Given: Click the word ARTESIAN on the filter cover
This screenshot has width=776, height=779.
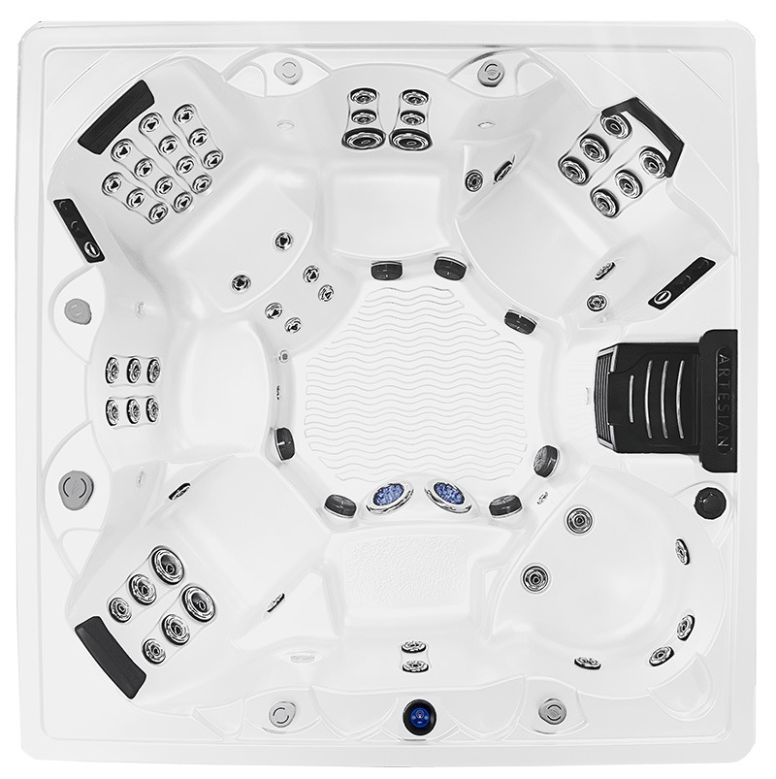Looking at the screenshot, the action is click(725, 401).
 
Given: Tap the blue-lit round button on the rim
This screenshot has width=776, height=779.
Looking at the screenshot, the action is click(420, 717).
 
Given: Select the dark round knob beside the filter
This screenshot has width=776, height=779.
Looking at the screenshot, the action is click(709, 503).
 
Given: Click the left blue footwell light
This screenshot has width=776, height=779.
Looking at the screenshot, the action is click(390, 496).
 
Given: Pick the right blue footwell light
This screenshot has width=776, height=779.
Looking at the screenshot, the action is click(448, 496).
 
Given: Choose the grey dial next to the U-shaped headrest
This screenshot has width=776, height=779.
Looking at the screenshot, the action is click(491, 73).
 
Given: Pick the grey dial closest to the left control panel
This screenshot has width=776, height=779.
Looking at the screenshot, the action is click(78, 311).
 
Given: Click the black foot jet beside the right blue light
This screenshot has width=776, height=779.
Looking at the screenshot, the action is click(505, 505).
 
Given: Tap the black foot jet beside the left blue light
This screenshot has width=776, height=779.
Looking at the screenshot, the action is click(340, 505).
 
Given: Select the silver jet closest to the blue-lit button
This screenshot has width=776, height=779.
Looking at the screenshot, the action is click(415, 665).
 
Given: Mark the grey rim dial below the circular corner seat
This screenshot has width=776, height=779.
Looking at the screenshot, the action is click(552, 711).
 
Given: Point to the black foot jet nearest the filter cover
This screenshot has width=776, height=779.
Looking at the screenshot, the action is click(545, 461).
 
